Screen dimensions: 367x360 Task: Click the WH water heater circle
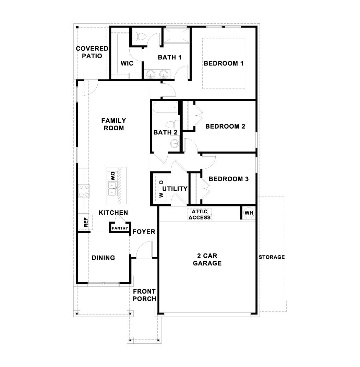[249, 213]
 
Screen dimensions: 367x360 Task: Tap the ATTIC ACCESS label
[200, 214]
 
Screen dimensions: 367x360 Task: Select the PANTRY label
[120, 228]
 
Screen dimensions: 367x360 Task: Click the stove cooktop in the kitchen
[84, 191]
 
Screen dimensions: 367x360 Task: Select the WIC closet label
[127, 63]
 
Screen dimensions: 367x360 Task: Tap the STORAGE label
[272, 257]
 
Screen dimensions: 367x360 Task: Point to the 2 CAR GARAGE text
[207, 260]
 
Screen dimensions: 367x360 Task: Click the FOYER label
[144, 232]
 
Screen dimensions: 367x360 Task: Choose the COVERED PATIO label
[92, 52]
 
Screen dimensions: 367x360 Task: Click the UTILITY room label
[175, 189]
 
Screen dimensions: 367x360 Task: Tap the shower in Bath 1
[176, 35]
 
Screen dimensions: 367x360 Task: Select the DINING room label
[103, 258]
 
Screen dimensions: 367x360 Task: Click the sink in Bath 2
[175, 143]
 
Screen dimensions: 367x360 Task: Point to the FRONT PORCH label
[144, 295]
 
